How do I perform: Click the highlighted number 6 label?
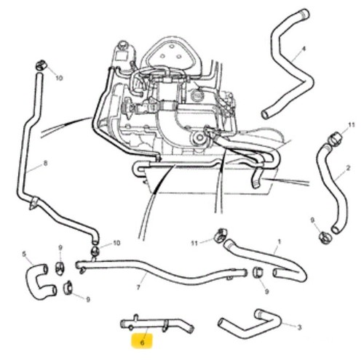142,343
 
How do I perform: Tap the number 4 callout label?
304,49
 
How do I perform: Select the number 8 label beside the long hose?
45,164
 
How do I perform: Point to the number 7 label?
138,287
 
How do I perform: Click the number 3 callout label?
299,327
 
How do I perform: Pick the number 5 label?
24,255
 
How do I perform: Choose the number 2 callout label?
348,168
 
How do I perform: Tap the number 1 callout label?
280,241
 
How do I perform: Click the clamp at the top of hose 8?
41,65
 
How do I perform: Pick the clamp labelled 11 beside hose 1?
221,235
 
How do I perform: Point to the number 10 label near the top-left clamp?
59,78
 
